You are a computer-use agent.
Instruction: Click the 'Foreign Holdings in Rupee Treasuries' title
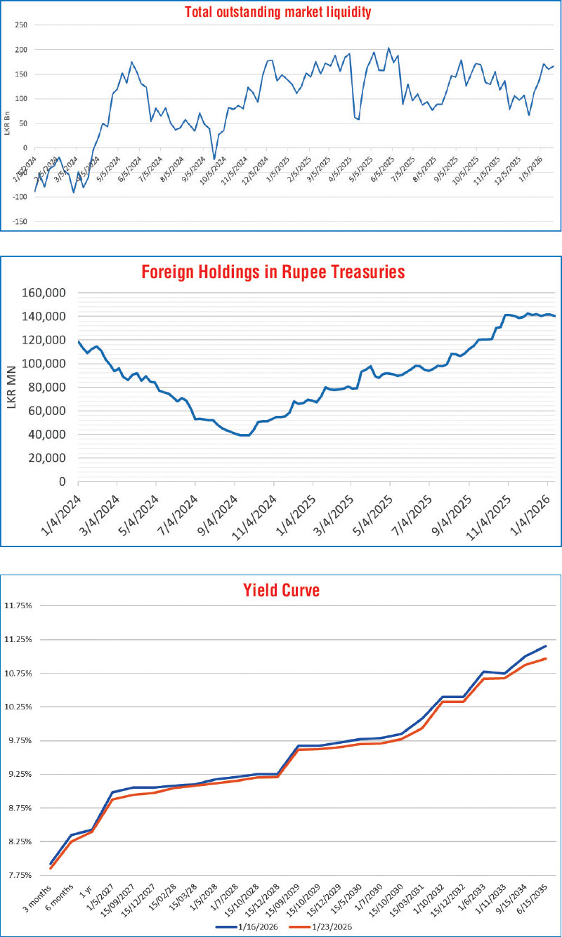273,272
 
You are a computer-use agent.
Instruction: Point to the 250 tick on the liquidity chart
21,25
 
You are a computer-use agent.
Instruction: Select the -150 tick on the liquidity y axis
19,221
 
